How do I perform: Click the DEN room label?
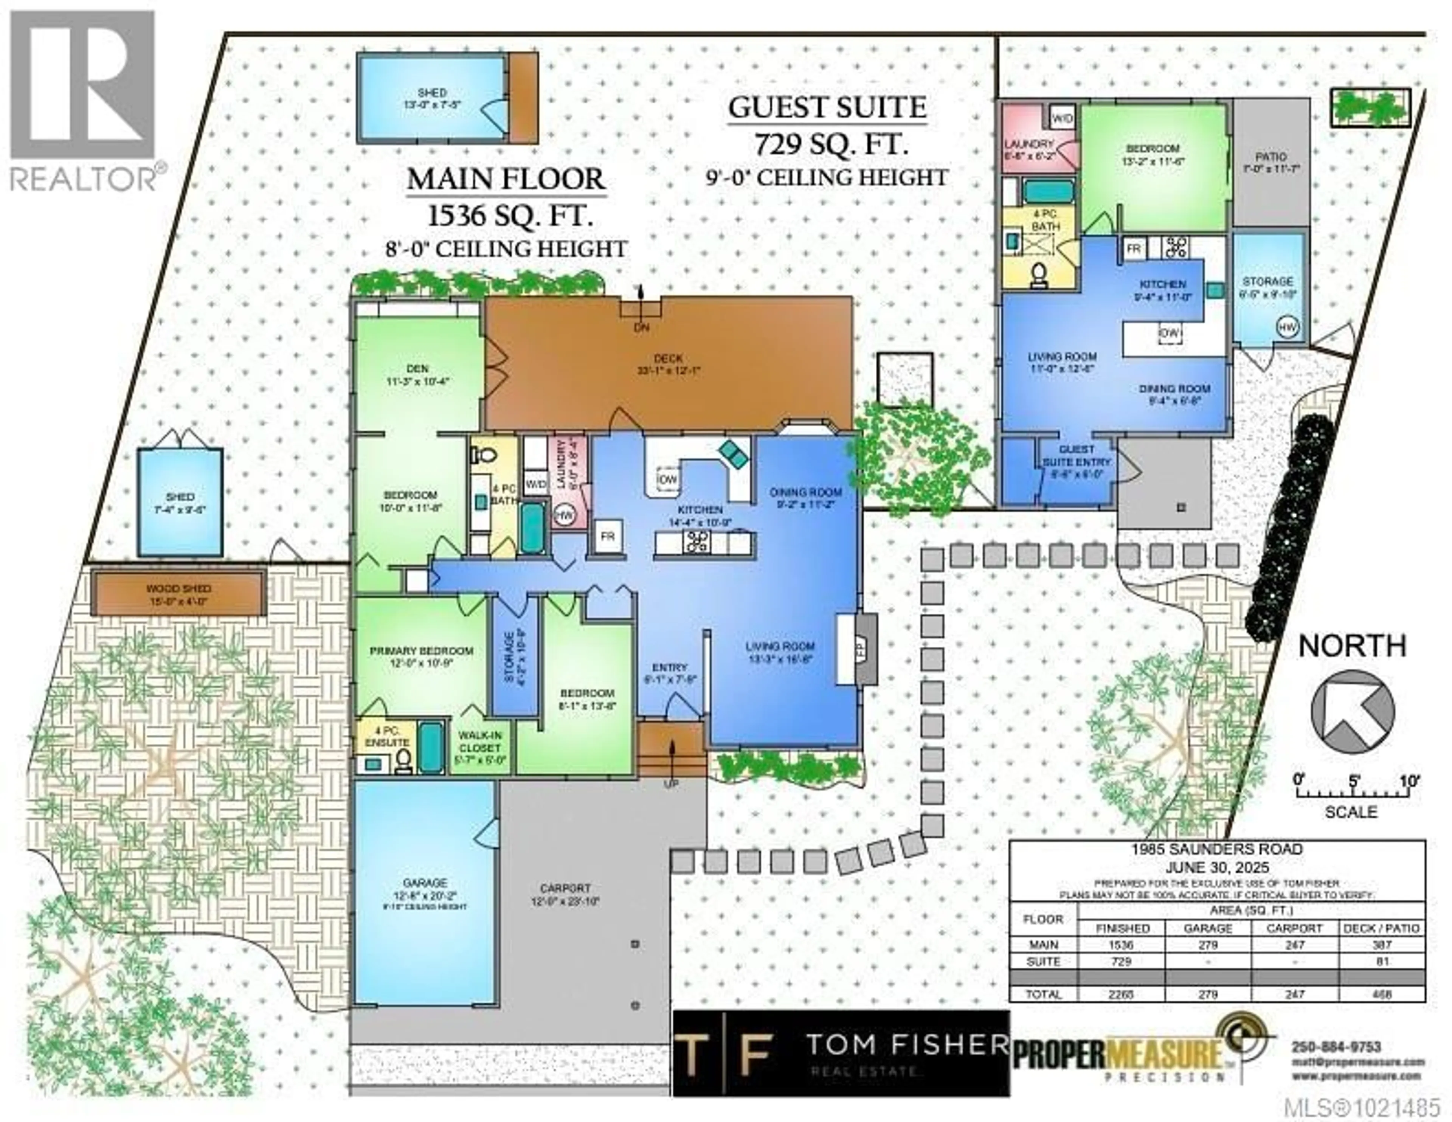click(417, 368)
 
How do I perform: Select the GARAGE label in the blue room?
click(425, 883)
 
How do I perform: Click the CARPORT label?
click(565, 888)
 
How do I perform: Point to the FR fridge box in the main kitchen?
click(607, 536)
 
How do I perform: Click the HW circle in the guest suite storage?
click(1287, 327)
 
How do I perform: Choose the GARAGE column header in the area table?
click(1208, 928)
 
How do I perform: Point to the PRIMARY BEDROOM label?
click(422, 651)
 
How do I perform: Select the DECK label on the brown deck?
click(668, 358)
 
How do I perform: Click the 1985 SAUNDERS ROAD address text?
click(1217, 849)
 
